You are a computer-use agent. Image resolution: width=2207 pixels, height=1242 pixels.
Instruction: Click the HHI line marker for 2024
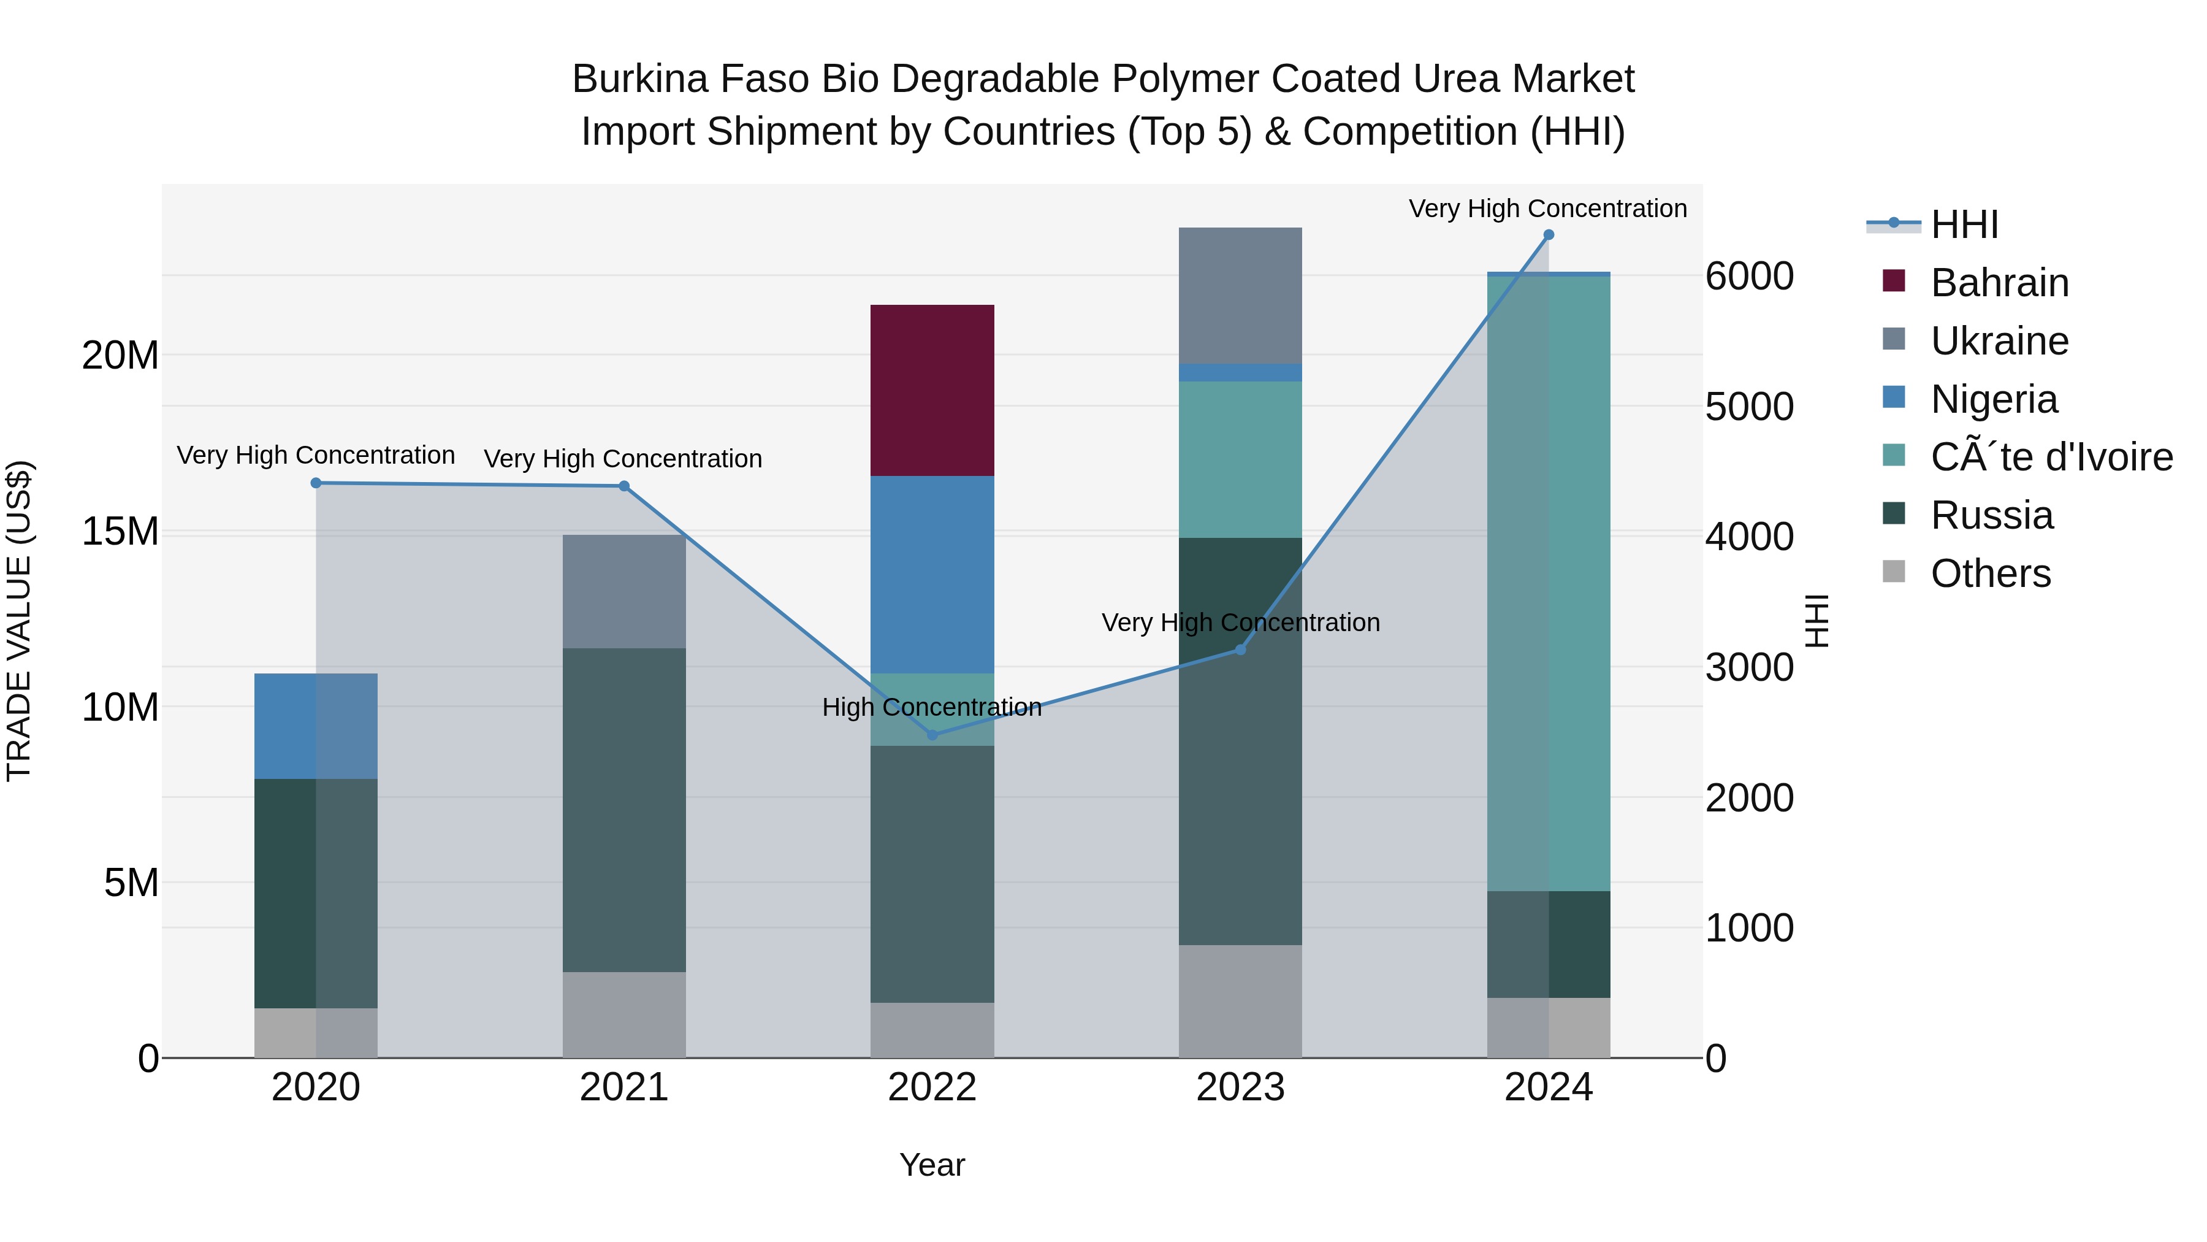tap(1548, 235)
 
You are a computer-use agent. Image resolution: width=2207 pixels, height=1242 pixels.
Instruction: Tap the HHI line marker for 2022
tap(932, 735)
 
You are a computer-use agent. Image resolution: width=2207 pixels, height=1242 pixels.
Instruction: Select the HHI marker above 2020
tap(316, 483)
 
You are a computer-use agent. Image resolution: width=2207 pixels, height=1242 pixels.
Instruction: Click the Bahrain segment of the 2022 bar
tap(932, 390)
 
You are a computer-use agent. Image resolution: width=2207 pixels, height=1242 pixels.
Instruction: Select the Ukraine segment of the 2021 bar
tap(623, 591)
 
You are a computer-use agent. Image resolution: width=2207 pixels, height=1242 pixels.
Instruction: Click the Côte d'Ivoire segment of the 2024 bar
tap(1548, 583)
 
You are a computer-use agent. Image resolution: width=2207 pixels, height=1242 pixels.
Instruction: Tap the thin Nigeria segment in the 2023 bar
tap(1240, 373)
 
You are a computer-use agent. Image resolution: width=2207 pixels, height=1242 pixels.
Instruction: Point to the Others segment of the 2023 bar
tap(1240, 1001)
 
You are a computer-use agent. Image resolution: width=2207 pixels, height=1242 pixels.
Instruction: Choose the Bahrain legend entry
tap(1999, 283)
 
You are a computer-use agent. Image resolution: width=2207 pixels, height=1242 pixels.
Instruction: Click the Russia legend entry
tap(1991, 515)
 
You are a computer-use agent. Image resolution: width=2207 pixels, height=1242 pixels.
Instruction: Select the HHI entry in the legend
tap(1964, 224)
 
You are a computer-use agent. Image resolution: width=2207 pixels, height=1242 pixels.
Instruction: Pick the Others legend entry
tap(1990, 573)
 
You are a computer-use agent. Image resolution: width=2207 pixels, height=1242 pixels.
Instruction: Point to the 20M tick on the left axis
tap(120, 355)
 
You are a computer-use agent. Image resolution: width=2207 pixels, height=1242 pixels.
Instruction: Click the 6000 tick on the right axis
tap(1748, 276)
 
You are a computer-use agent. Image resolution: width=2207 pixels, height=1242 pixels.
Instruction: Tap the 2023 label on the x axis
tap(1240, 1087)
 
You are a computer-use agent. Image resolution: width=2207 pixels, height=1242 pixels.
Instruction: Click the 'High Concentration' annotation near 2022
tap(931, 707)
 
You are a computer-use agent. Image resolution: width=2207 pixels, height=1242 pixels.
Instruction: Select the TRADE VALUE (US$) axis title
tap(19, 621)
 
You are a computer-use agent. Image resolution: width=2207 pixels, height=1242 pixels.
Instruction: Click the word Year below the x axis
tap(932, 1165)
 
